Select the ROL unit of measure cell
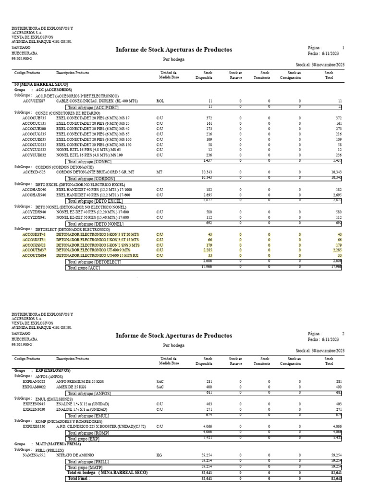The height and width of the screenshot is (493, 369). tap(160, 101)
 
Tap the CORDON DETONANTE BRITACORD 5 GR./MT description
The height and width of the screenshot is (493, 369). tap(99, 171)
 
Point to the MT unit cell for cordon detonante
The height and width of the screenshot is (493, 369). tap(159, 171)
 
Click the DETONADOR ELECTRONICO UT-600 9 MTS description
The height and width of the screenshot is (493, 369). tap(93, 250)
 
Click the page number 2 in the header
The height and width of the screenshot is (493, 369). tap(343, 333)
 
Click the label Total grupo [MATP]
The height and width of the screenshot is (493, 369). tap(84, 467)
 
